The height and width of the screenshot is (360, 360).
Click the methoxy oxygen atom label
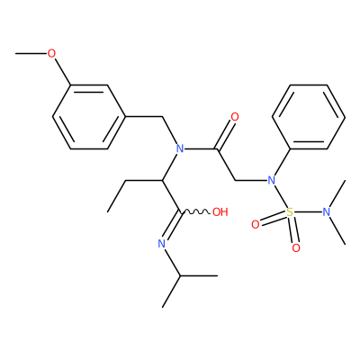pyautogui.click(x=51, y=54)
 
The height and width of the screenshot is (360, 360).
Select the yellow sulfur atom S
pyautogui.click(x=290, y=212)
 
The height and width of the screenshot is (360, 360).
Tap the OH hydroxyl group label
pyautogui.click(x=220, y=212)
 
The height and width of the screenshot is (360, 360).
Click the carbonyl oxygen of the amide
pyautogui.click(x=235, y=117)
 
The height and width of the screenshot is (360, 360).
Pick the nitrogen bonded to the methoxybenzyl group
pyautogui.click(x=180, y=148)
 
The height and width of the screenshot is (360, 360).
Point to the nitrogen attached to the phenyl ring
pyautogui.click(x=272, y=181)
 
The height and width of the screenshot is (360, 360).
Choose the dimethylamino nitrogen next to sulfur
pyautogui.click(x=327, y=212)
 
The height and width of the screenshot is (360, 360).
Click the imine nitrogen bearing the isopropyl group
pyautogui.click(x=162, y=244)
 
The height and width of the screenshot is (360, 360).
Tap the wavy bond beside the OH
pyautogui.click(x=195, y=212)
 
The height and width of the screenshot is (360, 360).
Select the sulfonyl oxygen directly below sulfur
pyautogui.click(x=296, y=248)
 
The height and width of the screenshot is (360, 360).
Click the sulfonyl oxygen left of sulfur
pyautogui.click(x=255, y=224)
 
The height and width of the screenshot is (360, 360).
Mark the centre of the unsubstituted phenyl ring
pyautogui.click(x=309, y=117)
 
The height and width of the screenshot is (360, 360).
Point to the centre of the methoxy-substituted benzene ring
pyautogui.click(x=89, y=117)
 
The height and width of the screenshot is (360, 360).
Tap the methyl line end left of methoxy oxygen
pyautogui.click(x=16, y=54)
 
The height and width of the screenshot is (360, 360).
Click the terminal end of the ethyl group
pyautogui.click(x=108, y=212)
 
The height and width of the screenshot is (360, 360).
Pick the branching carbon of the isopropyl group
pyautogui.click(x=180, y=275)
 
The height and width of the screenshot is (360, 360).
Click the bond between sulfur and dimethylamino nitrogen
pyautogui.click(x=308, y=212)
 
